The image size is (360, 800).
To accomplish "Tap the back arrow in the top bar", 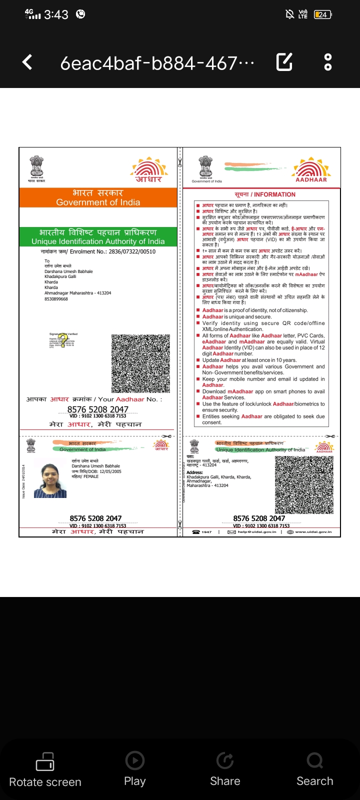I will [27, 62].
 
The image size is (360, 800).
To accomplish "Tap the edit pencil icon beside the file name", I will [284, 62].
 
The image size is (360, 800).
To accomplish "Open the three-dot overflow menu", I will [328, 62].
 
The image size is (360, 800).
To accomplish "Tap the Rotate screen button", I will [45, 770].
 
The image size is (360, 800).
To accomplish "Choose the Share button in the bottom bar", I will [225, 770].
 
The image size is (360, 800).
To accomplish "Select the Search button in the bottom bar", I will [314, 770].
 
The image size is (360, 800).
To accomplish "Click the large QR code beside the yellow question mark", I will [137, 363].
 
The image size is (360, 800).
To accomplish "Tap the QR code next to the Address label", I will [304, 484].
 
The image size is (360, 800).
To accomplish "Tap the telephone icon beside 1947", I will [196, 532].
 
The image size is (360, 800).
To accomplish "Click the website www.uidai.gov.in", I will [313, 532].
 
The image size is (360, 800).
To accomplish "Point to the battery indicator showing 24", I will [322, 14].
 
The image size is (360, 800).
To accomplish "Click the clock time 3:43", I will [56, 14].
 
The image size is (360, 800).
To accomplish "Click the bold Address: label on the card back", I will [195, 472].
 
